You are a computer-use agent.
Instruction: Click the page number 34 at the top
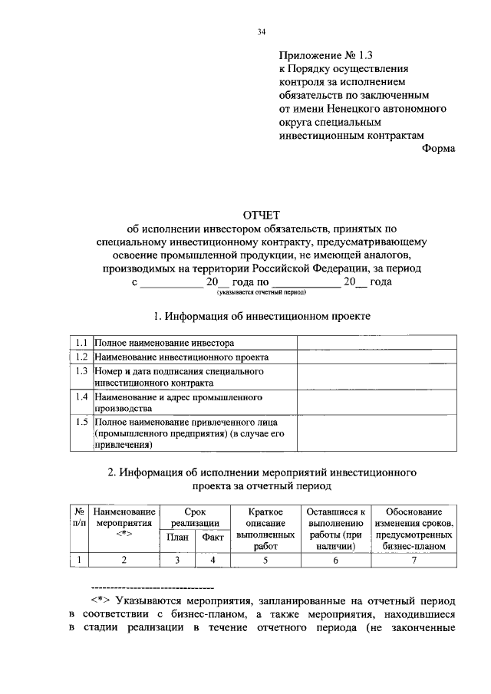click(262, 31)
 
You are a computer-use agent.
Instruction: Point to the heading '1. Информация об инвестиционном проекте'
click(262, 315)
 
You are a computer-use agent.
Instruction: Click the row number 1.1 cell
click(81, 342)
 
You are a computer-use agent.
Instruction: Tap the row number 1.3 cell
click(81, 371)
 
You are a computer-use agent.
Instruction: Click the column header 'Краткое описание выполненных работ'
click(265, 528)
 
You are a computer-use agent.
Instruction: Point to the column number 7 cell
click(414, 560)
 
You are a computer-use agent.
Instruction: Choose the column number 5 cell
click(265, 560)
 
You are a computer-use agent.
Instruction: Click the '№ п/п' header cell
click(78, 516)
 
